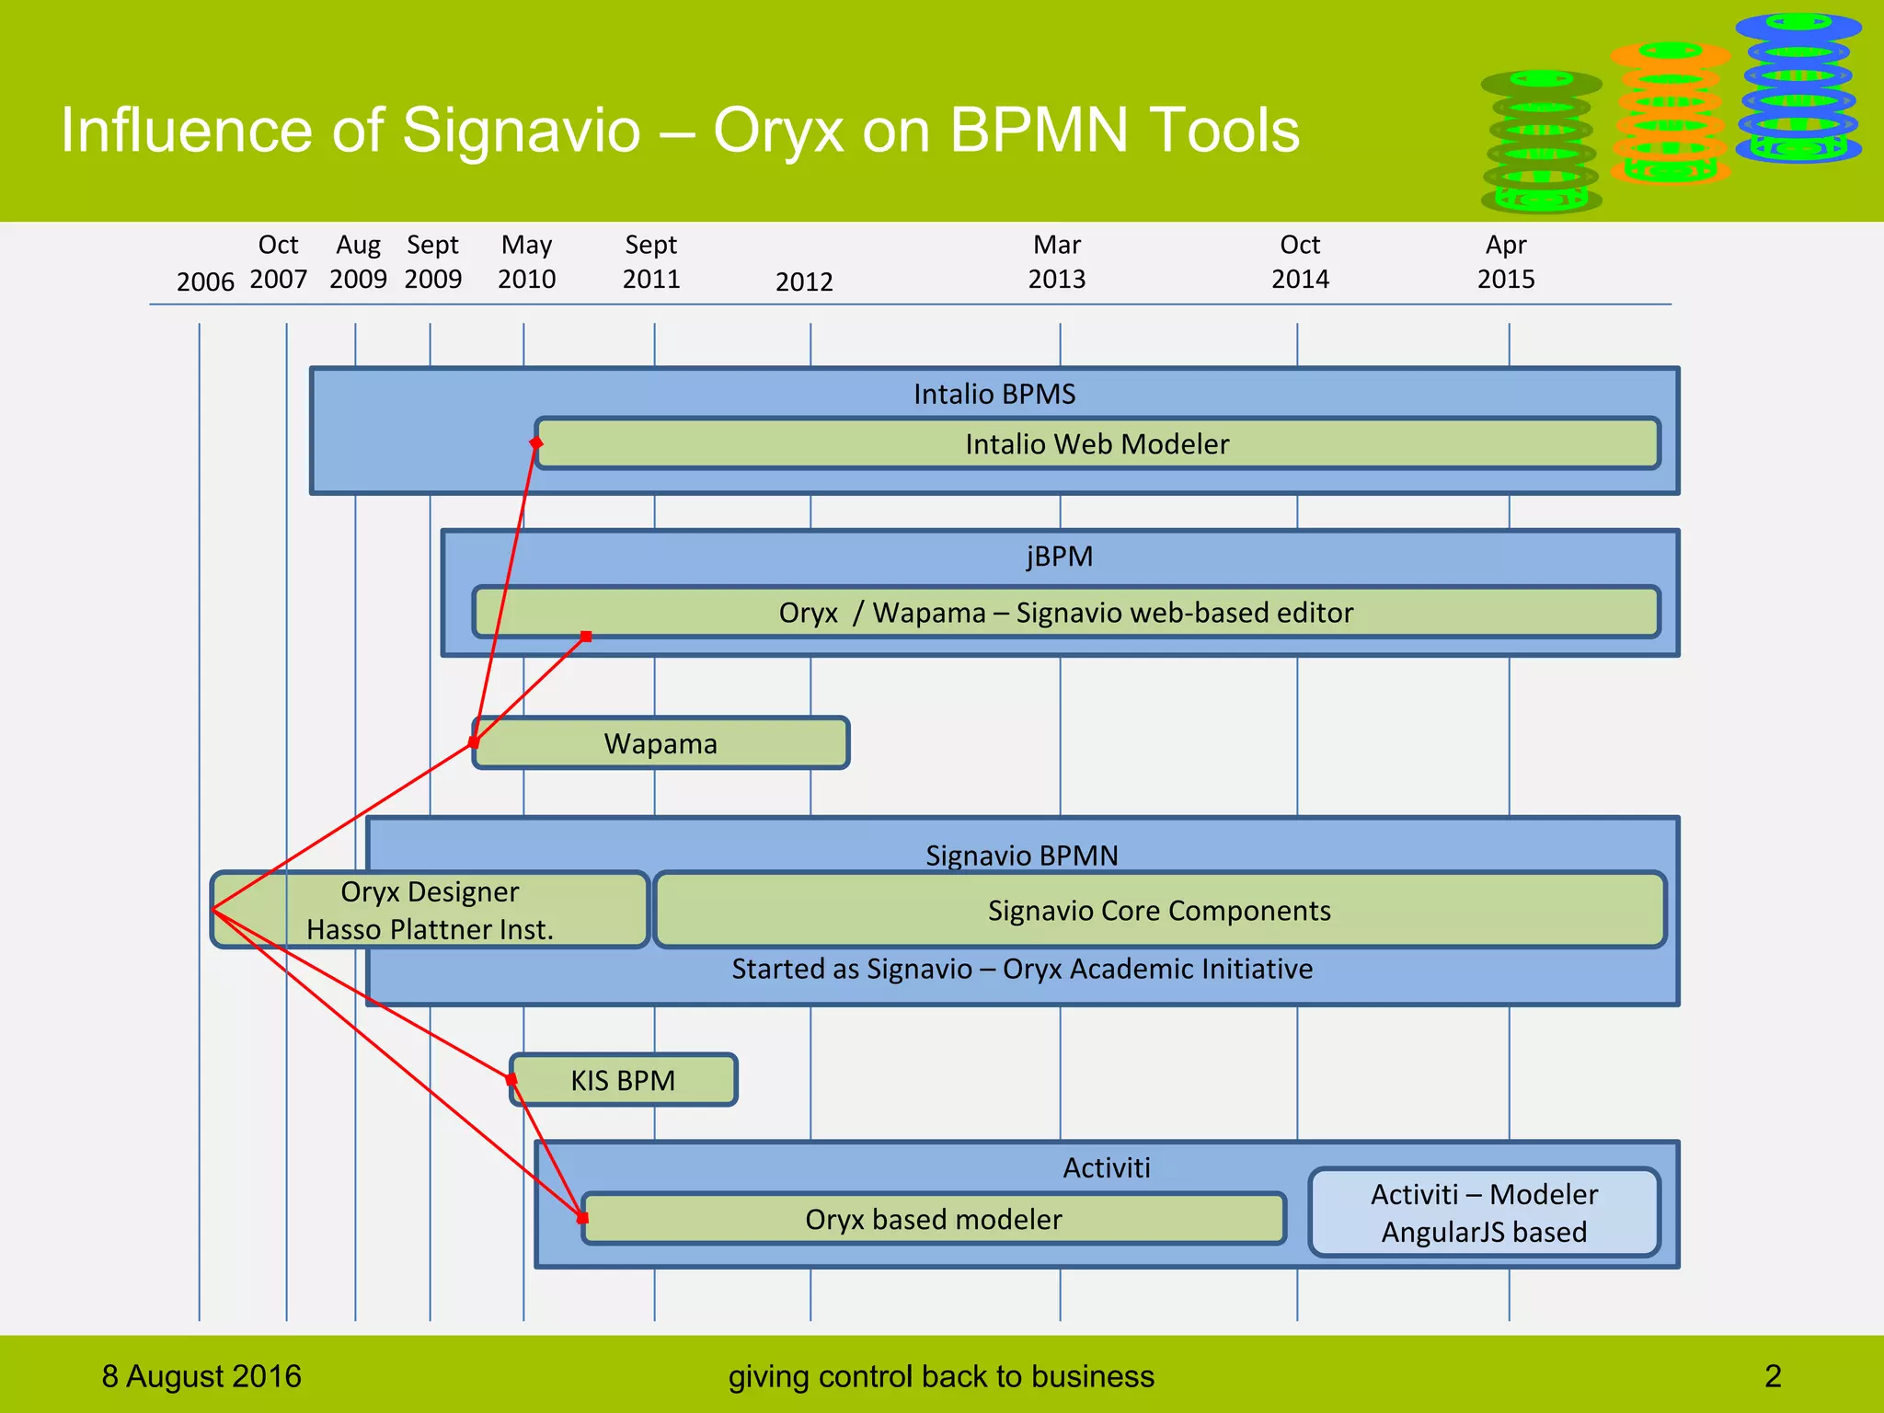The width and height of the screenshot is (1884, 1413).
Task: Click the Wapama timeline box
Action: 661,743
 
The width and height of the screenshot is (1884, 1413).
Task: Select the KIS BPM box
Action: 623,1080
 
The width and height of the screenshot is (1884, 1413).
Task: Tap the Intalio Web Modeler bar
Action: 1097,444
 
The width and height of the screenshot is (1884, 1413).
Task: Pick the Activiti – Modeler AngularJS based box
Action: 1484,1212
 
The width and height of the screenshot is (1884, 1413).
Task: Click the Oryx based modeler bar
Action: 933,1220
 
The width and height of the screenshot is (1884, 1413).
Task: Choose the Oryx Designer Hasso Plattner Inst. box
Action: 430,910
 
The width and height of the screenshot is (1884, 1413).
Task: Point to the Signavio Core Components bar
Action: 1159,911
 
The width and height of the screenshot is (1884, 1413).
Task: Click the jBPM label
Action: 1060,557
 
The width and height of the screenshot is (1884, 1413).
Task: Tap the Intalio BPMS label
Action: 994,394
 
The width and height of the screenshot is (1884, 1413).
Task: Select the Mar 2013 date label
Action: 1057,262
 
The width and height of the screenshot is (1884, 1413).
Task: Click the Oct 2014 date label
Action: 1300,262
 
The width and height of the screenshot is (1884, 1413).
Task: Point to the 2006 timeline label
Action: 205,281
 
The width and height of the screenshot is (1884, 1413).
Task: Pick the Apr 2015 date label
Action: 1506,262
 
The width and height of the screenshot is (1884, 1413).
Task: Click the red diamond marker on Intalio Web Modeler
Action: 536,443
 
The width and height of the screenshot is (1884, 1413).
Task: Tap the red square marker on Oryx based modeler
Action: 582,1218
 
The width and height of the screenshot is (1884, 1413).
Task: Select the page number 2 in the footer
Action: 1773,1376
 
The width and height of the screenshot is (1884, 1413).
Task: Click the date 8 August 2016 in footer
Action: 201,1376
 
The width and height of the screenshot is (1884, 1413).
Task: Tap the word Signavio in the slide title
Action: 521,130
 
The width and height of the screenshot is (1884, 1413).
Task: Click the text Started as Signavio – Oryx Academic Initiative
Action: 1022,969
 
